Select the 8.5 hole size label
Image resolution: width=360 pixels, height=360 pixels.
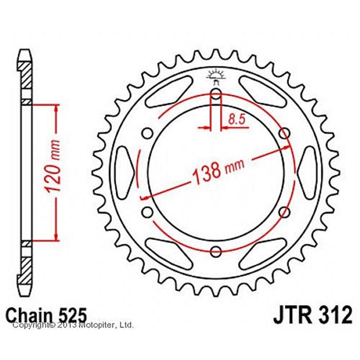click(x=237, y=119)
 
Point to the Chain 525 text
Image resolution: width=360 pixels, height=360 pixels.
click(x=46, y=315)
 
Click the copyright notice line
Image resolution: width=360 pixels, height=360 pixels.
click(x=73, y=325)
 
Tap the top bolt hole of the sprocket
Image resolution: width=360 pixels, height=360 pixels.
click(x=216, y=94)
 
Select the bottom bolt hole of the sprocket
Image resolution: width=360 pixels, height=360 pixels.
click(x=216, y=251)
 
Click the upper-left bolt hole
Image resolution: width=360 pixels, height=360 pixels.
click(x=147, y=133)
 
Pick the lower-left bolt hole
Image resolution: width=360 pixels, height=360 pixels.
click(x=147, y=212)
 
